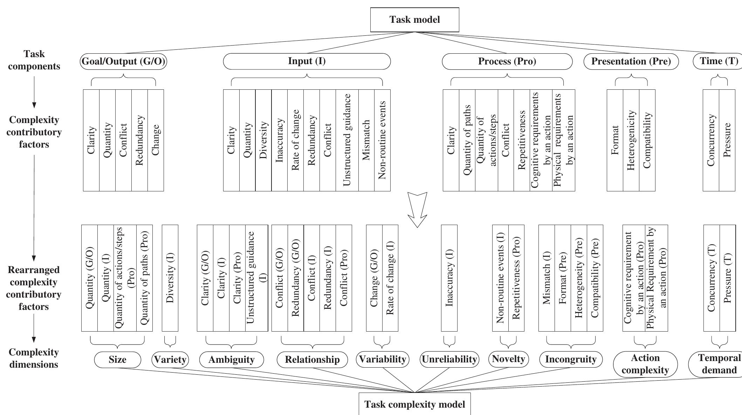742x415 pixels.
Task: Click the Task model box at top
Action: pyautogui.click(x=414, y=20)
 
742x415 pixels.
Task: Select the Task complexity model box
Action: pyautogui.click(x=414, y=404)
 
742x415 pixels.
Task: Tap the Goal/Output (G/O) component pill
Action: pyautogui.click(x=123, y=61)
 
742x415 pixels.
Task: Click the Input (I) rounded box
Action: pyautogui.click(x=307, y=61)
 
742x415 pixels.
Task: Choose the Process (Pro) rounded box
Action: pyautogui.click(x=507, y=62)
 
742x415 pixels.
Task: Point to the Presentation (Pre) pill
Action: pyautogui.click(x=631, y=62)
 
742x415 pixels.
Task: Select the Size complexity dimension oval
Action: pyautogui.click(x=117, y=360)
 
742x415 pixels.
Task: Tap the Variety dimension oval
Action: pyautogui.click(x=170, y=360)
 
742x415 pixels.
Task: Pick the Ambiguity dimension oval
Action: pyautogui.click(x=231, y=360)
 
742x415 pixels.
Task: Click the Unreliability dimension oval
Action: pyautogui.click(x=449, y=360)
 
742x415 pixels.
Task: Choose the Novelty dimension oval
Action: pyautogui.click(x=508, y=359)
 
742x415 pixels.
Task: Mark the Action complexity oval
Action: pyautogui.click(x=645, y=364)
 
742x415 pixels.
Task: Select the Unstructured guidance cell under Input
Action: pyautogui.click(x=347, y=140)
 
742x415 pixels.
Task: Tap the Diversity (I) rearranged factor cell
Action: pyautogui.click(x=170, y=278)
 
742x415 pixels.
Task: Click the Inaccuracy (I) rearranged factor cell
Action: pyautogui.click(x=449, y=278)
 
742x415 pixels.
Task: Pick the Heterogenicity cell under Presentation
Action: pyautogui.click(x=631, y=140)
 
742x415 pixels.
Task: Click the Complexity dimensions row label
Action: pyautogui.click(x=34, y=358)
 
